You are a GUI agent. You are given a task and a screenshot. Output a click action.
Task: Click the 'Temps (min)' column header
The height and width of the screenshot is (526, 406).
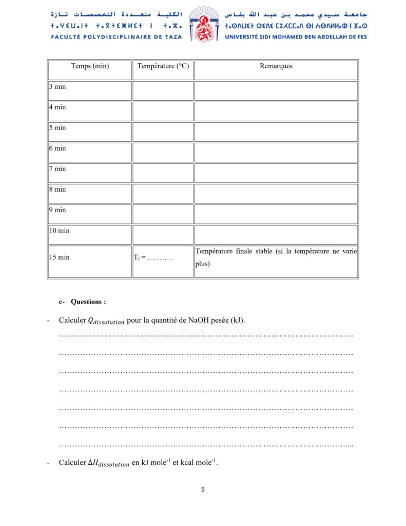click(90, 66)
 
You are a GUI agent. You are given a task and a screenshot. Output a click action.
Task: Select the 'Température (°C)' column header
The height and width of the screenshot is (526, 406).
click(163, 66)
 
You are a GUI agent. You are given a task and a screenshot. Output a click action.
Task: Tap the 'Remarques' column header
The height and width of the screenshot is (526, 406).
click(276, 66)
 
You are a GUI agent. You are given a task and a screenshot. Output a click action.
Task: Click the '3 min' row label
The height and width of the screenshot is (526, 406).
click(57, 87)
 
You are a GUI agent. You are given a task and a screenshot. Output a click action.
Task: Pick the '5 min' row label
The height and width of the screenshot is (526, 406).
click(57, 128)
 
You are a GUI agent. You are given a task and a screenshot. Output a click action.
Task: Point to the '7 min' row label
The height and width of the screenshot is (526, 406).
click(57, 169)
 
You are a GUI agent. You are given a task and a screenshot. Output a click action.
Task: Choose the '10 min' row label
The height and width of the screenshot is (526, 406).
click(60, 231)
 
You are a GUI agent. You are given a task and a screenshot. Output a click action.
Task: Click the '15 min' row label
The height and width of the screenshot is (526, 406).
click(60, 257)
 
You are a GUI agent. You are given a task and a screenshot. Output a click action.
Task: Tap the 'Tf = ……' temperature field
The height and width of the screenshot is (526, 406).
click(153, 257)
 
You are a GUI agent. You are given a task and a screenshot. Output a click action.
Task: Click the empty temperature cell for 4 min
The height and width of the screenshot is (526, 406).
click(163, 111)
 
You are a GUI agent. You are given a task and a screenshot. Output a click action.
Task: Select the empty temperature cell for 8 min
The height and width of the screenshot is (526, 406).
click(163, 193)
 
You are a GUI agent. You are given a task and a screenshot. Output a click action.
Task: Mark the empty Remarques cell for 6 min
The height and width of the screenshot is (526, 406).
click(276, 152)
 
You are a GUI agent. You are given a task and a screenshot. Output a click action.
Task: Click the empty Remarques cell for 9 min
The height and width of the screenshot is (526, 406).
click(276, 214)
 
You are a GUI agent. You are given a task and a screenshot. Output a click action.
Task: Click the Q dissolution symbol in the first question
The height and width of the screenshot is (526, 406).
click(106, 321)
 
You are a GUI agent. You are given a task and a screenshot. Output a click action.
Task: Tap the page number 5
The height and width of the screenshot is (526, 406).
click(203, 490)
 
